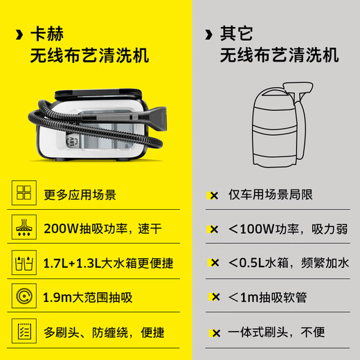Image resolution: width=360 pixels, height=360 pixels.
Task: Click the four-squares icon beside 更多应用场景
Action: coord(24,195)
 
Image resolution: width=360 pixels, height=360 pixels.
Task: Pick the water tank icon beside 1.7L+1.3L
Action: coord(24,263)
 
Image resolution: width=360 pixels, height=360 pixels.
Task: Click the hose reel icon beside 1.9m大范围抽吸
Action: coord(24,298)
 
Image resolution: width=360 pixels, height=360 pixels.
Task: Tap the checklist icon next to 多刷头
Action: coord(24,332)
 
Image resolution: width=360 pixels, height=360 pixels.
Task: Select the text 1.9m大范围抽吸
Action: coord(87,298)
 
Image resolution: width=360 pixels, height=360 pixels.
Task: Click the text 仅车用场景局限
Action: coord(270,195)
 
